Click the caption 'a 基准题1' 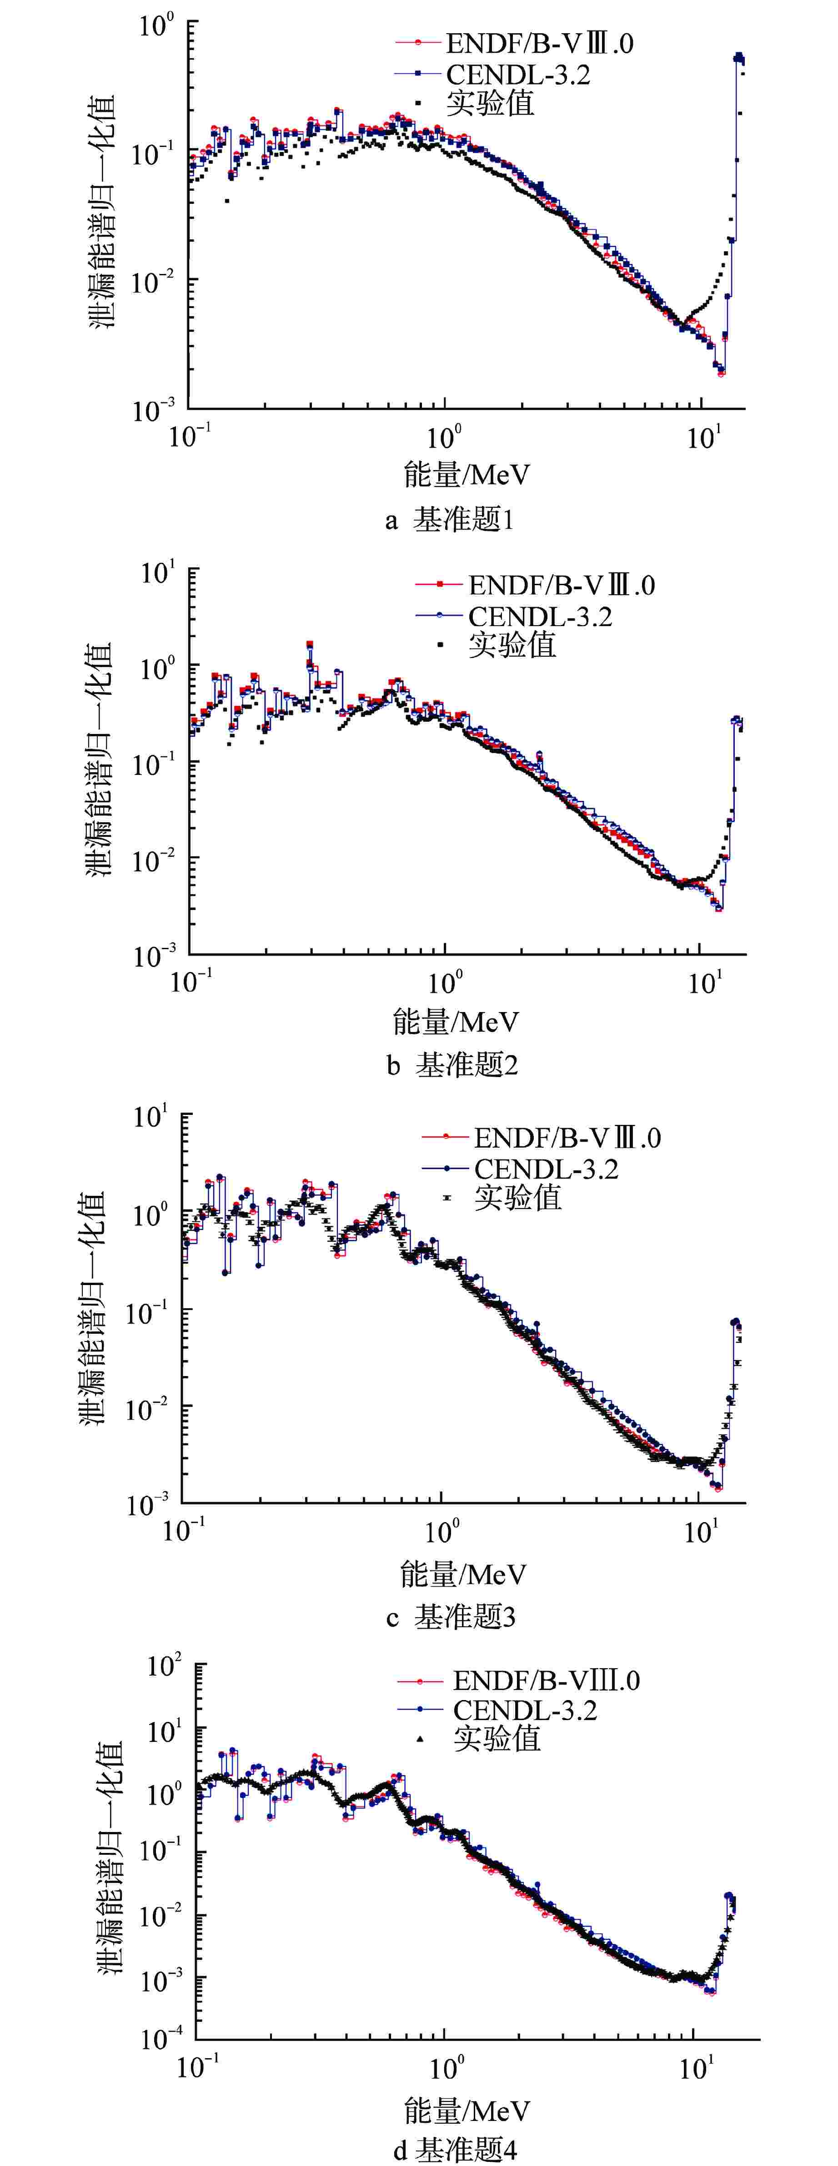[450, 520]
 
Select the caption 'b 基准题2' [452, 1065]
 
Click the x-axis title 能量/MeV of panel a [467, 475]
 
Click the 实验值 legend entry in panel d [496, 1737]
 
